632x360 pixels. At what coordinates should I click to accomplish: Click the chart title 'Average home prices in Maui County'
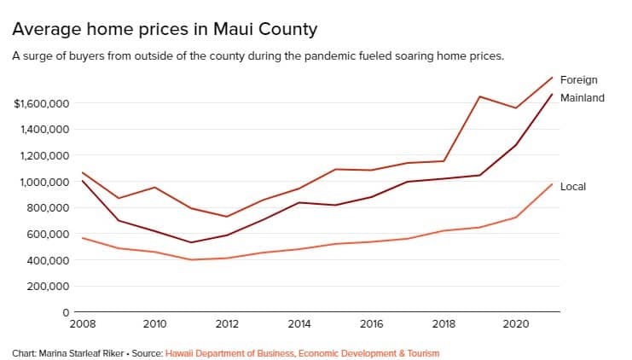(x=165, y=30)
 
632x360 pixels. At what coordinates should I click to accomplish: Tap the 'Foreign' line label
(x=578, y=80)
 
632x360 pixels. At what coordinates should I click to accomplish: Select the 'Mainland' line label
(x=582, y=98)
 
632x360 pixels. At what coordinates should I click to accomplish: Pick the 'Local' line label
(x=572, y=187)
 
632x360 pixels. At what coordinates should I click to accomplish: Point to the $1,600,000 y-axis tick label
(x=41, y=104)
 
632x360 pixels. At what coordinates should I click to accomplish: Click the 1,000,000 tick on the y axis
(x=44, y=182)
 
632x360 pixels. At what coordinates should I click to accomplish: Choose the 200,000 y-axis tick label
(x=47, y=286)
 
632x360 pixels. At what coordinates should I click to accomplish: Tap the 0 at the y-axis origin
(x=66, y=312)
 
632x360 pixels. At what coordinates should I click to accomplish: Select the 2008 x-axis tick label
(x=82, y=325)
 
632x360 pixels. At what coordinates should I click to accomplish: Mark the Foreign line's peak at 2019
(x=479, y=96)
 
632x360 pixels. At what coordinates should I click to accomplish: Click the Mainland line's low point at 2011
(x=191, y=242)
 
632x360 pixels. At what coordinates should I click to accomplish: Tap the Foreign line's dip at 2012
(x=228, y=217)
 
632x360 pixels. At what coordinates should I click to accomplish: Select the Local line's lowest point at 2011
(x=191, y=259)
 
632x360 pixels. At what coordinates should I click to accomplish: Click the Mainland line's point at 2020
(x=515, y=145)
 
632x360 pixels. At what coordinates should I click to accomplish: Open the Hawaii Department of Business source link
(x=302, y=351)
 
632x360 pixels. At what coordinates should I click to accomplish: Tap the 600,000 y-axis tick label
(x=47, y=234)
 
